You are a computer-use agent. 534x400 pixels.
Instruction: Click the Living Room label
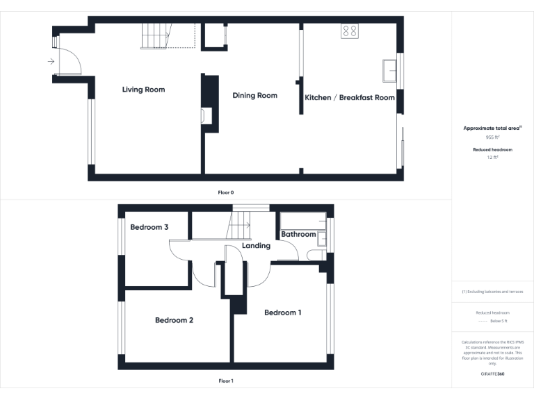point(143,90)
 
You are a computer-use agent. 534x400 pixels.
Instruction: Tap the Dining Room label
point(254,96)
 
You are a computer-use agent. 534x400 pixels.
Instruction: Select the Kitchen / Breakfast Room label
point(350,98)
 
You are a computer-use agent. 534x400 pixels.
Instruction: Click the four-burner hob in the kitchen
point(349,31)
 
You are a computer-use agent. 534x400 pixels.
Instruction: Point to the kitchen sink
point(389,71)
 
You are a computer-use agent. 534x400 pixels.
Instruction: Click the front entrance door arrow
point(51,62)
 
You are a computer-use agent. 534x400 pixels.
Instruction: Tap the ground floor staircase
point(156,35)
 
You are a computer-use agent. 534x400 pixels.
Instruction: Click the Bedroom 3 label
point(149,228)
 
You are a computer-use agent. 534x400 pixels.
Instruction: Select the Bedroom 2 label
point(174,320)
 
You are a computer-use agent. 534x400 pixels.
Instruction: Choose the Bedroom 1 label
point(283,312)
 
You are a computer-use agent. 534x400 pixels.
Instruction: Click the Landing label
point(256,246)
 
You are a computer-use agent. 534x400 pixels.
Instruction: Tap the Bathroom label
point(298,235)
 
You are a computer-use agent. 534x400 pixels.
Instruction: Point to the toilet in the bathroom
point(315,256)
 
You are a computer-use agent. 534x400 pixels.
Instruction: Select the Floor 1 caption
point(226,381)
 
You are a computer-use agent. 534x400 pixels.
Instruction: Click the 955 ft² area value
point(492,137)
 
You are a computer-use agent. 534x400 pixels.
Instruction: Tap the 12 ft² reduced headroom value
point(492,158)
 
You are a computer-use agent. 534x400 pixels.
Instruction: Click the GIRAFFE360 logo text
point(492,374)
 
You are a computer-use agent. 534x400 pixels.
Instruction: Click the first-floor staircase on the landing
point(240,224)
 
